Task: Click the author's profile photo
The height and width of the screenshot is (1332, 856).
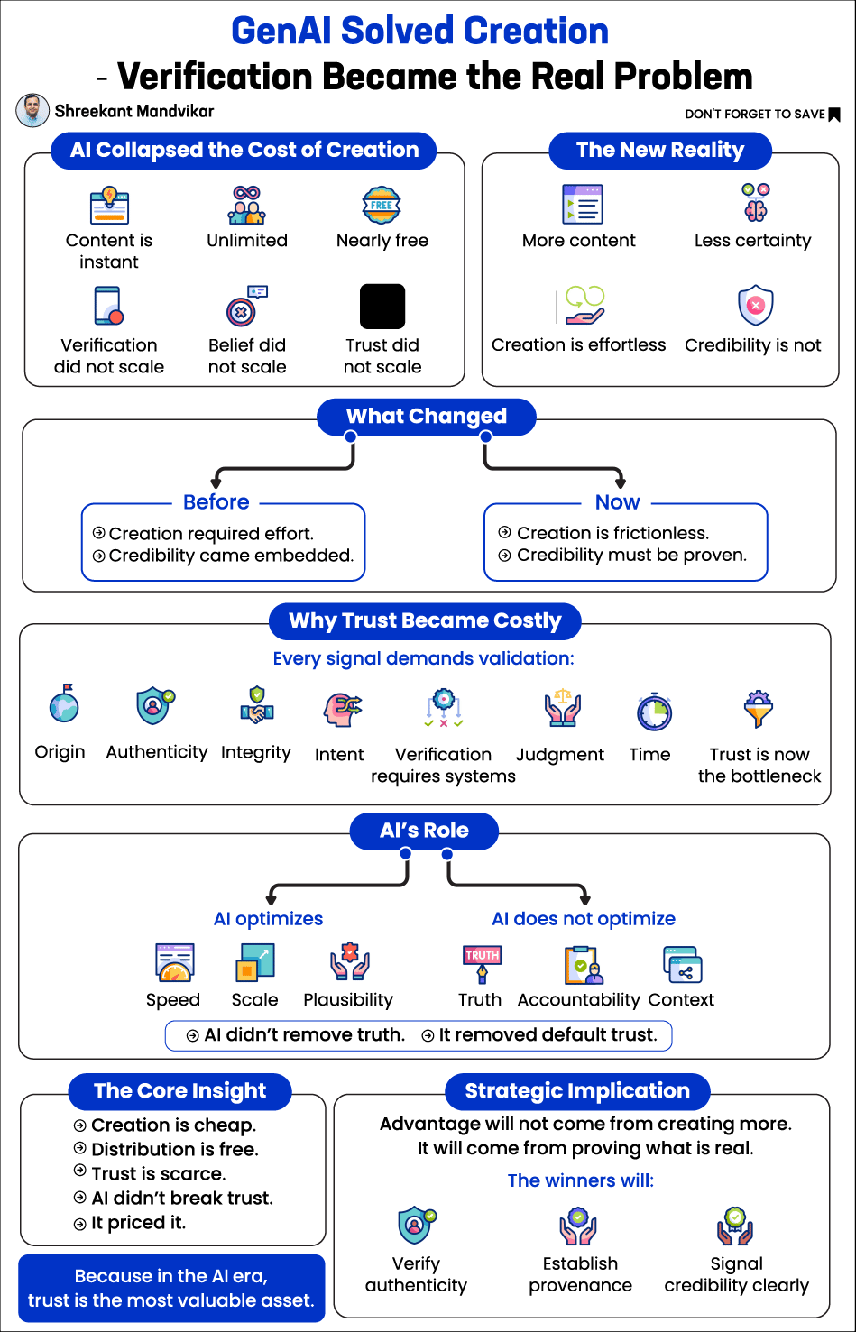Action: tap(32, 111)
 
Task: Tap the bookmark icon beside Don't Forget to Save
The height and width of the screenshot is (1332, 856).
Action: tap(834, 115)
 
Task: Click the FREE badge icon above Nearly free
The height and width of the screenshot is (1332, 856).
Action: tap(382, 205)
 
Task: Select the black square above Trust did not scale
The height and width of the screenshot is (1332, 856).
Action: tap(382, 307)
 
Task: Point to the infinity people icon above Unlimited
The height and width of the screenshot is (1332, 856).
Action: tap(247, 205)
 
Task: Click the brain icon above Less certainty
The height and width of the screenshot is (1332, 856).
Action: tap(756, 203)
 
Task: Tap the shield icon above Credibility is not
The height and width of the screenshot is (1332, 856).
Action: tap(756, 305)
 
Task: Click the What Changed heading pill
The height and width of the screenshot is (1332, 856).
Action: tap(427, 417)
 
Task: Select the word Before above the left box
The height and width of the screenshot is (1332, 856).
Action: tap(216, 502)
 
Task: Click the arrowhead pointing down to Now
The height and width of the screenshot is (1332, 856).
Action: tap(620, 482)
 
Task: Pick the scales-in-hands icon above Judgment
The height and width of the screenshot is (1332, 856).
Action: tap(562, 708)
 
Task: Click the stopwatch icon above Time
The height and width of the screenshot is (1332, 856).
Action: tap(654, 712)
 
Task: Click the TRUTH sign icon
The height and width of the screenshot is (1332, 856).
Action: tap(482, 964)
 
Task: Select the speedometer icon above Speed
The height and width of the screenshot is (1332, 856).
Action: tap(174, 962)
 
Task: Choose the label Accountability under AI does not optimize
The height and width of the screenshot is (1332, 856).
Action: tap(578, 999)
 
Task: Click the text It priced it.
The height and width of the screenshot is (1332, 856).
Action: tap(139, 1223)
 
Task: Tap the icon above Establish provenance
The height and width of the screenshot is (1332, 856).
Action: tap(577, 1226)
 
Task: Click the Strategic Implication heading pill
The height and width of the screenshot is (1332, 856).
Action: tap(577, 1091)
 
